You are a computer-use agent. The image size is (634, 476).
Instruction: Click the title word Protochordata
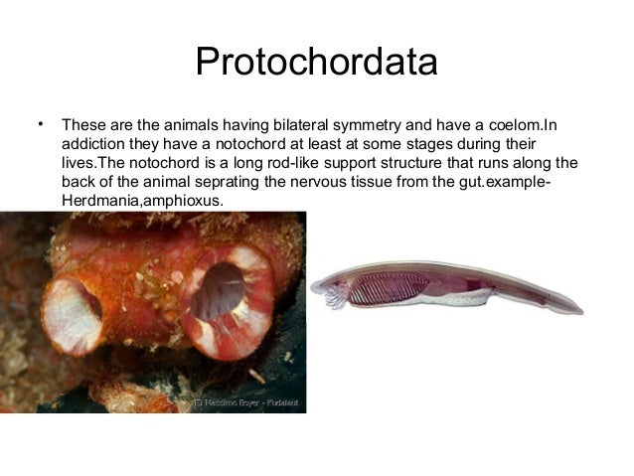click(x=316, y=62)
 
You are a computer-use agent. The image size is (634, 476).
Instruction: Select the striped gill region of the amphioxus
click(x=379, y=289)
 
